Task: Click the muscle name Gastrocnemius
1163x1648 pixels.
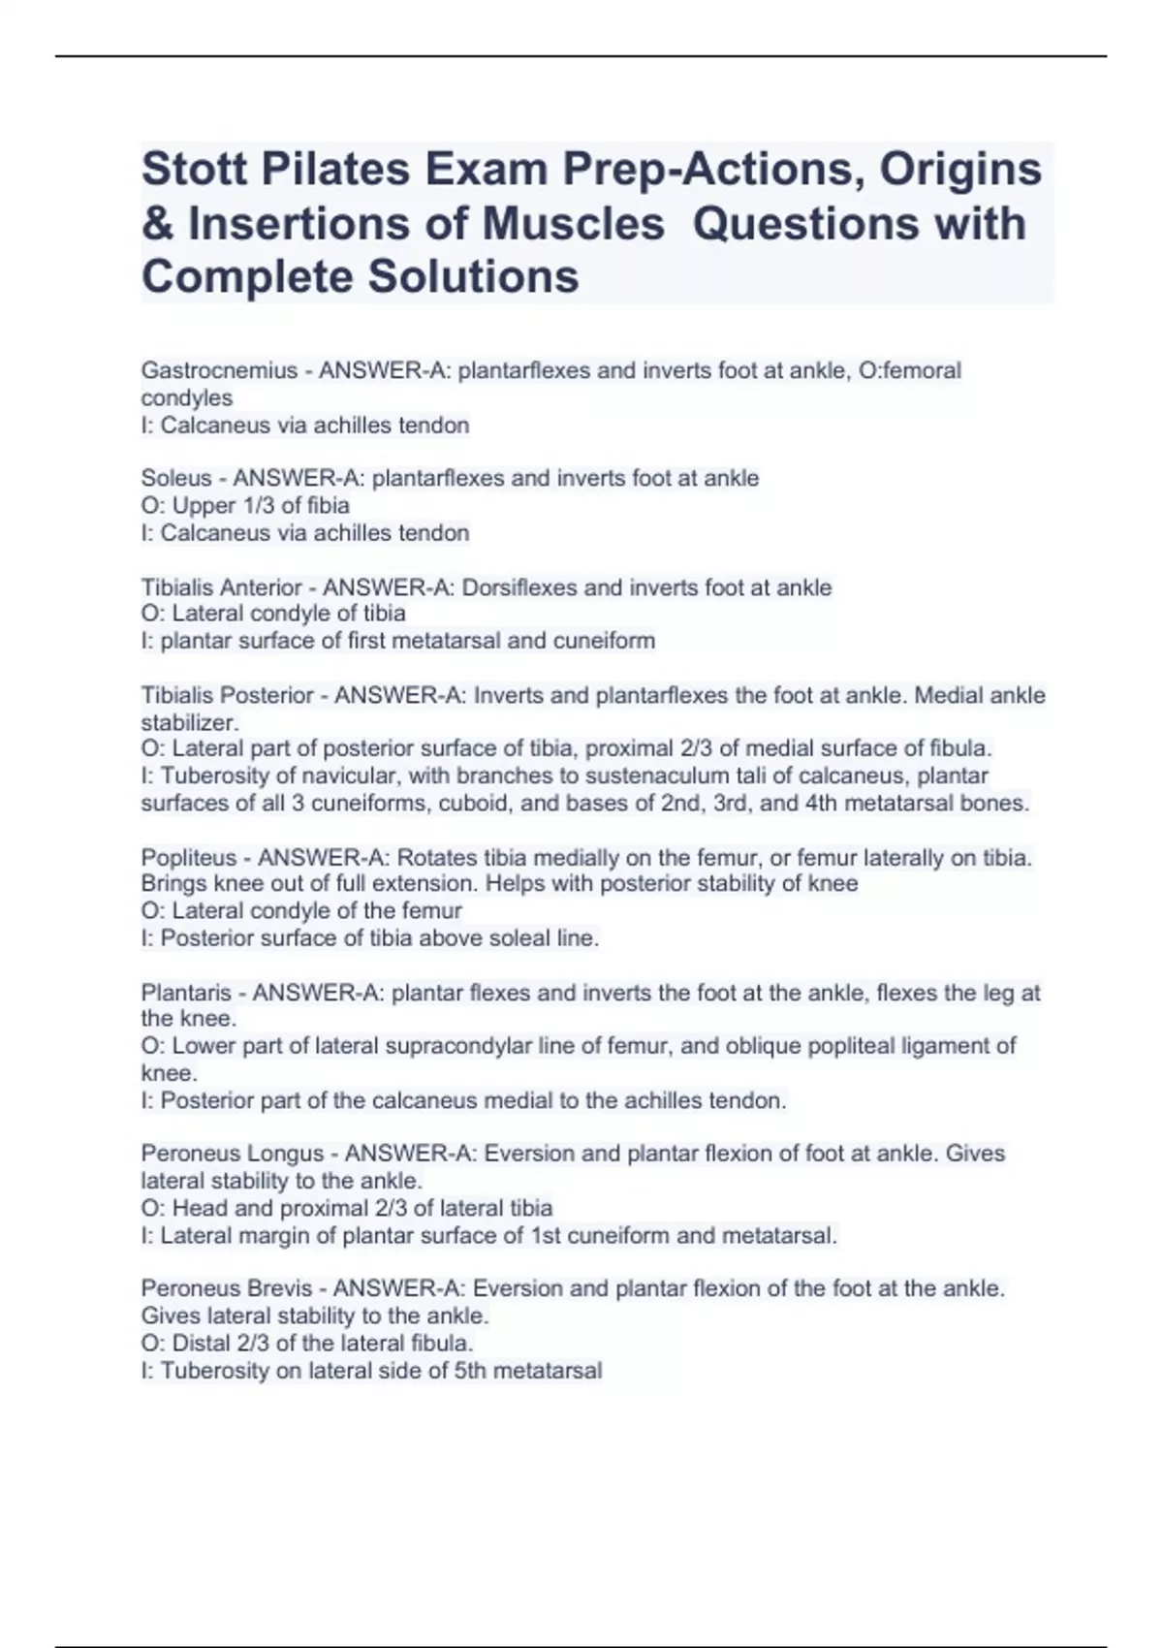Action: [219, 370]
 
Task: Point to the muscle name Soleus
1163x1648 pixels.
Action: [175, 478]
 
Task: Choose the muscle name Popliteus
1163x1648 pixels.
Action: [188, 858]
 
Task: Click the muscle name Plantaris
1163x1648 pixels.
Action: [186, 993]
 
